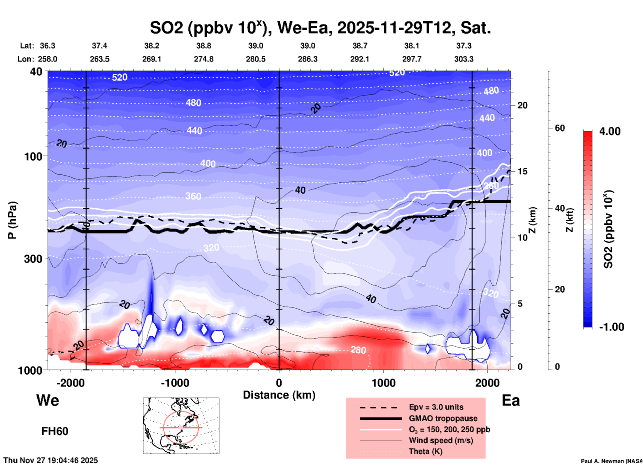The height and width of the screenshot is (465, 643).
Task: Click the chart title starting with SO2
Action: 320,28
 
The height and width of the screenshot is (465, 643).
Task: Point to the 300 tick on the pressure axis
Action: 33,259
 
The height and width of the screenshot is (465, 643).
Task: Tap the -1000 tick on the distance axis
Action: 175,383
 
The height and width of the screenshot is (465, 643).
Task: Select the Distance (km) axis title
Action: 279,395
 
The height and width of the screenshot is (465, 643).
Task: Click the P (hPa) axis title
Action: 12,220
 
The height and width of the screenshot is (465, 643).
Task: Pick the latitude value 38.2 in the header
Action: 152,46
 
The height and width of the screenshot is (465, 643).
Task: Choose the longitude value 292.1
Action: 360,59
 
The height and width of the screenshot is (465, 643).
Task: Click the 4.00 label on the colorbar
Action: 610,131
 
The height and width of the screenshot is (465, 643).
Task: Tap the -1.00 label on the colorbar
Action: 611,327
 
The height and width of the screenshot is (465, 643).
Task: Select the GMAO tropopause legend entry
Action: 443,418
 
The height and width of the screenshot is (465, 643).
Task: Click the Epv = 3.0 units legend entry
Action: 436,407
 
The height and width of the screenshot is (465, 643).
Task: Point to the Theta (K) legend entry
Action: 425,451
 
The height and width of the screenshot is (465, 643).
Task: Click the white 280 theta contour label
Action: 358,350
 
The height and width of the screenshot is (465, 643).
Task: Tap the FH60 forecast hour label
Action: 55,431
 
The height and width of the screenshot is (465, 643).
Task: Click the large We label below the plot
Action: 48,400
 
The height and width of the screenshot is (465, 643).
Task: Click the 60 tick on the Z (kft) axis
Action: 560,128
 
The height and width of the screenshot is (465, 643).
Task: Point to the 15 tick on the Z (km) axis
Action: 522,171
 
